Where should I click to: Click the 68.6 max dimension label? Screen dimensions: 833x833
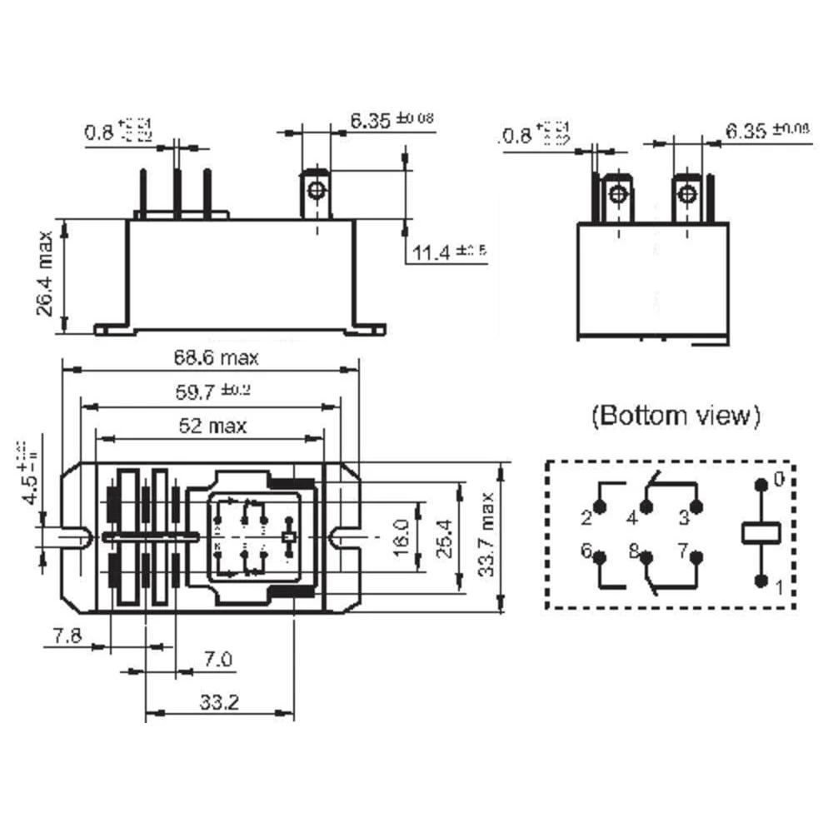[216, 358]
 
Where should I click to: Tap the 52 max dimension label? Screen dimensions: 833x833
[212, 426]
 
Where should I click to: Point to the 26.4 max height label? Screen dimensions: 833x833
[45, 274]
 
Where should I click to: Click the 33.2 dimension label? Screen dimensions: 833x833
[219, 701]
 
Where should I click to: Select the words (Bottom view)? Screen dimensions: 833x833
[676, 416]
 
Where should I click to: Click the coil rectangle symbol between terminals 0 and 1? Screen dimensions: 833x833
[760, 531]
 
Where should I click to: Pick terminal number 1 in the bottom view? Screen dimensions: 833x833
[780, 589]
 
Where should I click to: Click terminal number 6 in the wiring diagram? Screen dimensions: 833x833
[586, 551]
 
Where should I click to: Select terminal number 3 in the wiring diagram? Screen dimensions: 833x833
[683, 518]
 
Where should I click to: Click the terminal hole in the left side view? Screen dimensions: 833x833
[316, 191]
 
